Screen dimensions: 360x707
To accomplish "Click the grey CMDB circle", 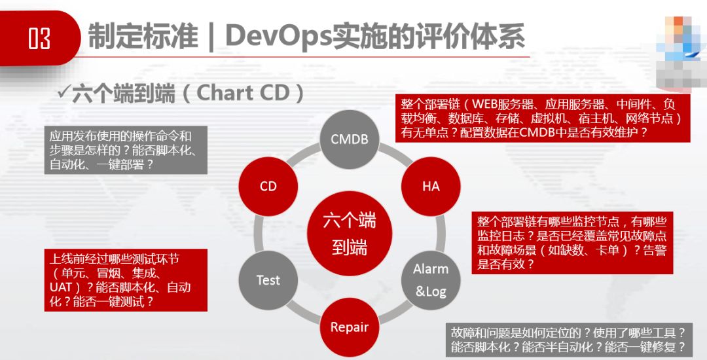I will coord(349,139).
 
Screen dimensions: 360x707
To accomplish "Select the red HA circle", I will coord(430,186).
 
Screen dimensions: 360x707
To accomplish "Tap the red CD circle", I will coord(268,186).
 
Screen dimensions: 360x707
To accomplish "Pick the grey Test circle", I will coord(268,280).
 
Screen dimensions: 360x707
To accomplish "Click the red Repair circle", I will coord(349,327).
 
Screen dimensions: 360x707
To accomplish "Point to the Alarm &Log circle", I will coord(430,280).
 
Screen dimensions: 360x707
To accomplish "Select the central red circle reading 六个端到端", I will coord(349,233).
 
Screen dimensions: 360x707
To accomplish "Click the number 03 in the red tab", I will coord(39,39).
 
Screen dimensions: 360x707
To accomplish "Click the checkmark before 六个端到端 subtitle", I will coord(63,92).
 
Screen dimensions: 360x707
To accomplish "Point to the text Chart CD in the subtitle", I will coord(243,93).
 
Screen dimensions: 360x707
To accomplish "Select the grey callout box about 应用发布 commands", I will coord(126,150).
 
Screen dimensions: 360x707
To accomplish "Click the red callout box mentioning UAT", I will coord(126,280).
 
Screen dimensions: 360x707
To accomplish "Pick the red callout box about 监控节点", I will coord(572,242).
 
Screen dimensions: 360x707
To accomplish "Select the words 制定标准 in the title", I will coord(143,37).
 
